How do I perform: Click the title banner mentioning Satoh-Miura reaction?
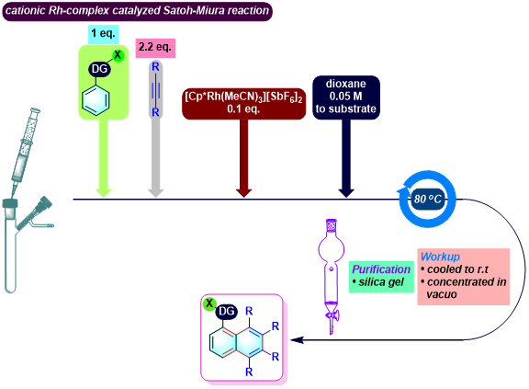click(138, 11)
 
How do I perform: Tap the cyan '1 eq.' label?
click(103, 34)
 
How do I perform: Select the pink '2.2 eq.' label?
click(155, 48)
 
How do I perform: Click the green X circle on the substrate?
click(118, 55)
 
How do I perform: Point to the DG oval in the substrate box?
click(99, 69)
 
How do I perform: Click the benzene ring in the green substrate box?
click(96, 99)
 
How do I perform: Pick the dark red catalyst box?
click(243, 104)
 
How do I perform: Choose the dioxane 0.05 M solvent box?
click(346, 97)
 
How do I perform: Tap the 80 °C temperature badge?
click(428, 199)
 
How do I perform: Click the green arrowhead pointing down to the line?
click(103, 193)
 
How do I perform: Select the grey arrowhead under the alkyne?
click(155, 193)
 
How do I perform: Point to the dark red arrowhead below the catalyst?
click(243, 193)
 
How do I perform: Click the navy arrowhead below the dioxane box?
click(346, 193)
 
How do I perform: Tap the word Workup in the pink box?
click(440, 257)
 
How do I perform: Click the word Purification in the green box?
click(381, 269)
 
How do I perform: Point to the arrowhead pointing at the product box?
click(297, 339)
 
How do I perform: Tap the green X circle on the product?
click(209, 303)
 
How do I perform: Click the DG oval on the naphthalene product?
click(226, 312)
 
